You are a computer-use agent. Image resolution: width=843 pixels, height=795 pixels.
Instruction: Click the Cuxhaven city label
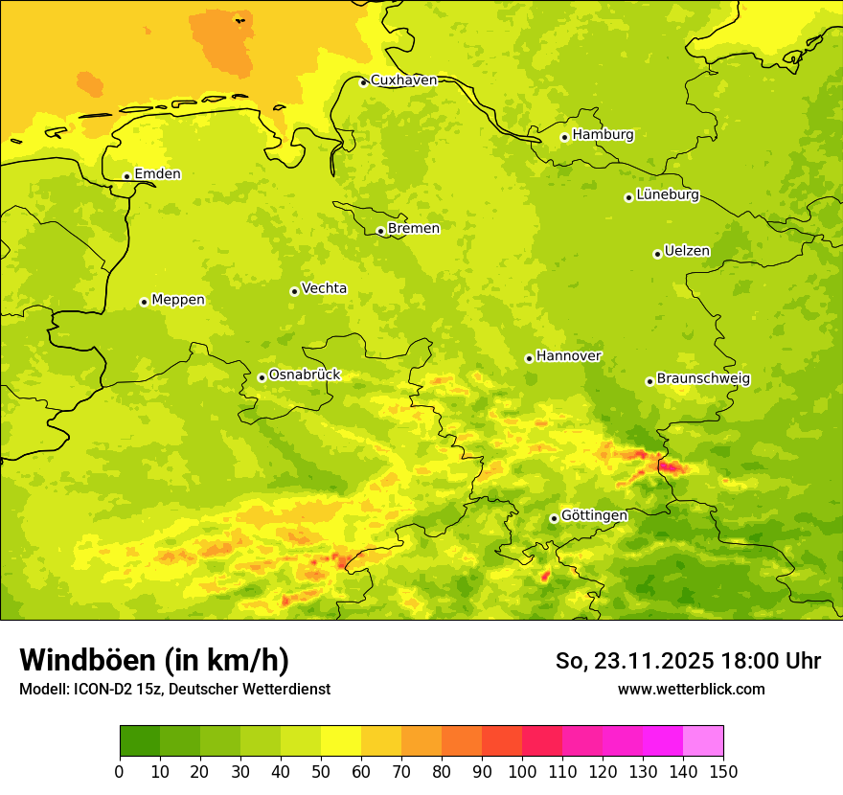pos(403,80)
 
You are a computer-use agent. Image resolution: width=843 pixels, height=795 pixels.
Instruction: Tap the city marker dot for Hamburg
pos(565,137)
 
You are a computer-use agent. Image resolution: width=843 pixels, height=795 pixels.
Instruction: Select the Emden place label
pos(157,174)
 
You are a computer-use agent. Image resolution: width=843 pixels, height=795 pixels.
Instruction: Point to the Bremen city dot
pos(380,231)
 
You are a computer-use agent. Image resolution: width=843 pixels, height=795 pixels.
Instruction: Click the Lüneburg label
pos(668,195)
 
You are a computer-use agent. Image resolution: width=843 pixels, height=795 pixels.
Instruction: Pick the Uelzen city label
pos(687,252)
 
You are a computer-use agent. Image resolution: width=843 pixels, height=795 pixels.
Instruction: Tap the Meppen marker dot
pos(145,302)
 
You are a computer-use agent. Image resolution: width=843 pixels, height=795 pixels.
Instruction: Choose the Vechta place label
pos(324,288)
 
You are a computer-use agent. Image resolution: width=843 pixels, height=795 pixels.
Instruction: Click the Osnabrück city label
pos(305,375)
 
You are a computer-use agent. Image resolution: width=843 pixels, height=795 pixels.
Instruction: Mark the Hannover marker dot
pos(529,358)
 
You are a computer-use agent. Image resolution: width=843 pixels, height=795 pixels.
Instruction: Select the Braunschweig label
pos(703,379)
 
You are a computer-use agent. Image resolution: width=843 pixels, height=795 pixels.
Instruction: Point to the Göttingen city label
pos(594,516)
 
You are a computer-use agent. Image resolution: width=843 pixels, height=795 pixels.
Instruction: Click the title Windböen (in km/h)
pos(154,660)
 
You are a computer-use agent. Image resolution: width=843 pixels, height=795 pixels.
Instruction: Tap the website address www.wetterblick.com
pos(691,689)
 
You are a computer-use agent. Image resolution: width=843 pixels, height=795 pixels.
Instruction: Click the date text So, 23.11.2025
pos(632,661)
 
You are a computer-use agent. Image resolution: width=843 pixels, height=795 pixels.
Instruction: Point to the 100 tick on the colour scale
pos(522,771)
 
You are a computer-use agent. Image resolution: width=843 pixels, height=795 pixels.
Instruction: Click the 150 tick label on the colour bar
pos(723,771)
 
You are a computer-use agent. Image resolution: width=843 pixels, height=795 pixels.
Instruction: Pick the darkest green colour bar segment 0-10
pos(140,740)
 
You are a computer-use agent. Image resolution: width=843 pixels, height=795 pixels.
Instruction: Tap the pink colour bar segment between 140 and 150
pos(703,740)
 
